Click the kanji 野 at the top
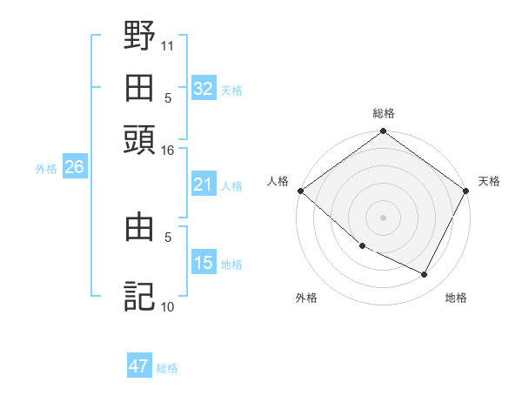point(139,37)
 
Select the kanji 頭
point(139,138)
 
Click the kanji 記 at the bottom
point(139,296)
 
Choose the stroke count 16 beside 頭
point(168,151)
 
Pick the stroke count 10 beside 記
point(168,306)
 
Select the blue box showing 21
point(203,184)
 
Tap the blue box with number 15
point(203,263)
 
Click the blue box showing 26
point(74,168)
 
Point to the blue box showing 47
point(139,366)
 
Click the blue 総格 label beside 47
point(167,368)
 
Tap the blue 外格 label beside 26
point(46,169)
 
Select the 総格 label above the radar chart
point(384,114)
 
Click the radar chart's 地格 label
point(456,298)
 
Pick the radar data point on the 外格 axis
point(362,246)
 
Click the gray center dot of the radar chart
point(384,217)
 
